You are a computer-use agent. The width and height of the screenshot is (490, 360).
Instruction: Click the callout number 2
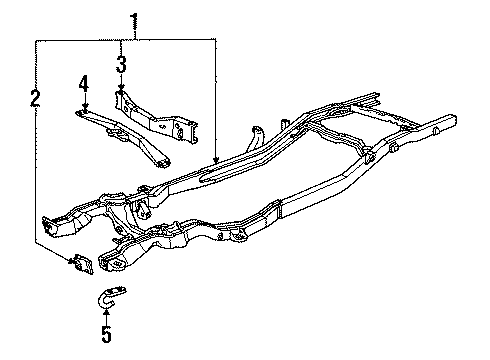pos(35,98)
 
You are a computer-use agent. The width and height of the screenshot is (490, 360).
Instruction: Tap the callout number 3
pos(120,66)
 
